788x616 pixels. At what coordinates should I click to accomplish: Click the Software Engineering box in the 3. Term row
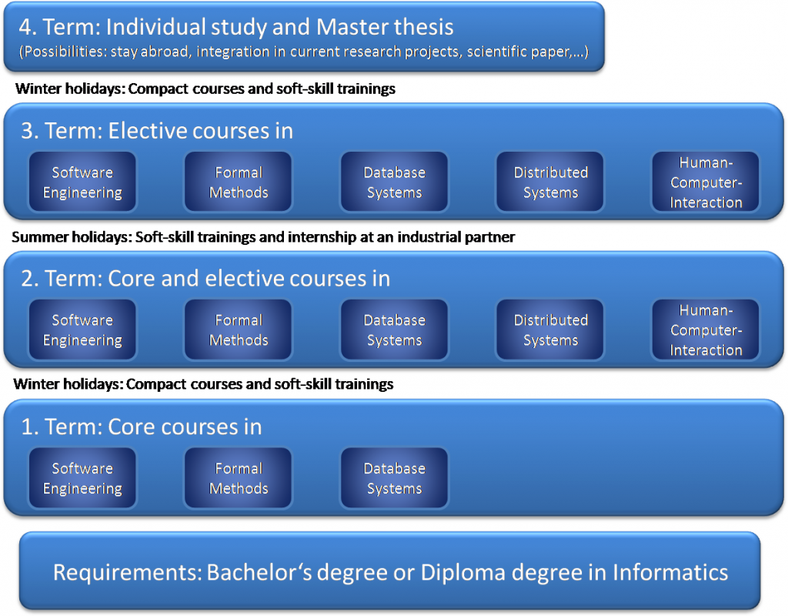[x=82, y=182]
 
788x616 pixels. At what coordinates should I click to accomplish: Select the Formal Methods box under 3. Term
[x=239, y=182]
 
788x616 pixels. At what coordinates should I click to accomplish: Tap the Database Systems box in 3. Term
[x=394, y=182]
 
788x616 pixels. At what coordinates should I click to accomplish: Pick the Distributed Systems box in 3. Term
[x=550, y=182]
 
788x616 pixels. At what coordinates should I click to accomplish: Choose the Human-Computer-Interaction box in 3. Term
[x=706, y=182]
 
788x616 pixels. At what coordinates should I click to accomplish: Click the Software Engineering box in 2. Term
[x=82, y=330]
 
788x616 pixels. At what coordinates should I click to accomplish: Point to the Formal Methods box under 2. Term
[x=239, y=330]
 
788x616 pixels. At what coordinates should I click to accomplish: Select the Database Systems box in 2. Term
[x=394, y=330]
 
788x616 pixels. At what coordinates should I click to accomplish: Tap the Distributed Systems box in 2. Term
[x=550, y=330]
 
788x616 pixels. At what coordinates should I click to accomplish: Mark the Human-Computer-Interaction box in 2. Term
[x=706, y=330]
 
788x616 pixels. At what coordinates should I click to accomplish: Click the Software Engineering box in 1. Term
[x=82, y=478]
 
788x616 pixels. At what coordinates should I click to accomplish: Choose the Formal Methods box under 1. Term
[x=239, y=478]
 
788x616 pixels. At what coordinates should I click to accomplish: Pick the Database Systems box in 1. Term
[x=394, y=478]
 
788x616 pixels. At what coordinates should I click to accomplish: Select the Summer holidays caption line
[x=263, y=238]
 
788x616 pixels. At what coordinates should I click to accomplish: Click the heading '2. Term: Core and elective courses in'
[x=205, y=278]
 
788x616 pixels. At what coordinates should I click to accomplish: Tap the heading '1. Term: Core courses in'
[x=142, y=427]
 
